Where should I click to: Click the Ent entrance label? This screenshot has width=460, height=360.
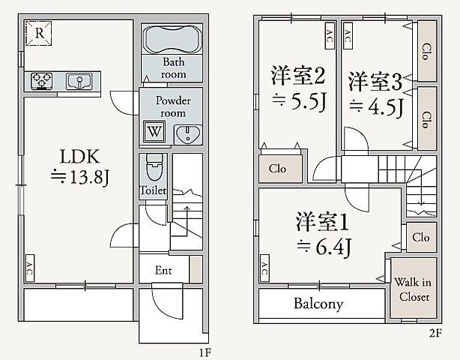tap(165, 269)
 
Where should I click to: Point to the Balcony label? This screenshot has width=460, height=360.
tap(318, 304)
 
